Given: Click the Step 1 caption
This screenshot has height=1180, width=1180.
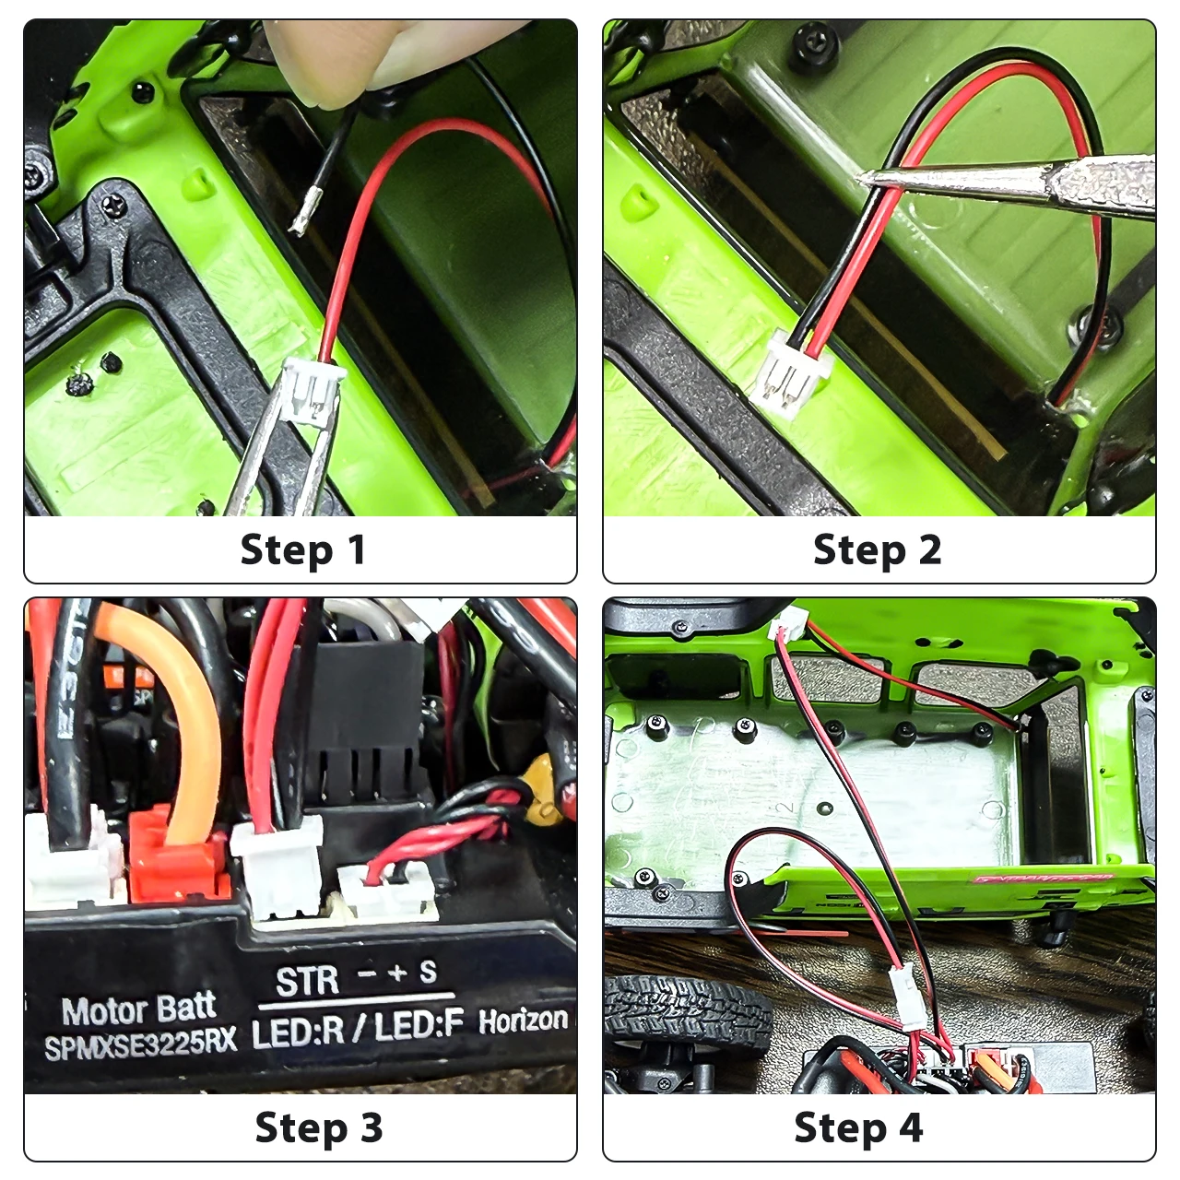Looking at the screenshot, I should (302, 550).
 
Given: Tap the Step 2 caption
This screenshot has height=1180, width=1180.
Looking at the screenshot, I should (877, 550).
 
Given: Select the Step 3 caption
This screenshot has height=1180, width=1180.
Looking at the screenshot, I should (318, 1127).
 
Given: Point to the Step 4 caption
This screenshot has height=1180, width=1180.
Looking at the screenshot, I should (857, 1127).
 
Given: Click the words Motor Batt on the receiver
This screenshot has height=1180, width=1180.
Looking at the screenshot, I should (138, 1009).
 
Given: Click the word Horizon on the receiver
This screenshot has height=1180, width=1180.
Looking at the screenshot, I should (523, 1020).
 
